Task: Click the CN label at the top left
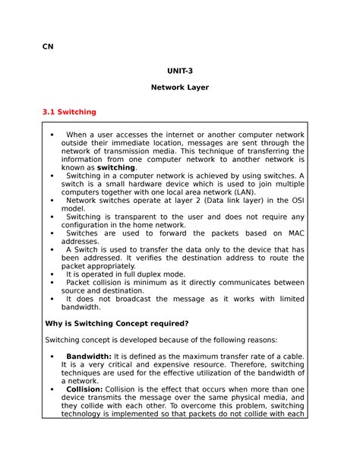(x=48, y=46)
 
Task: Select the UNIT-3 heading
(x=179, y=71)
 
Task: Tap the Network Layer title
(x=179, y=87)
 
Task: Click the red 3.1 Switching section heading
(x=71, y=112)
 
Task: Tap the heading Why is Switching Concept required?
(x=117, y=322)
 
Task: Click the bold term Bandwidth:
(x=89, y=356)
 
